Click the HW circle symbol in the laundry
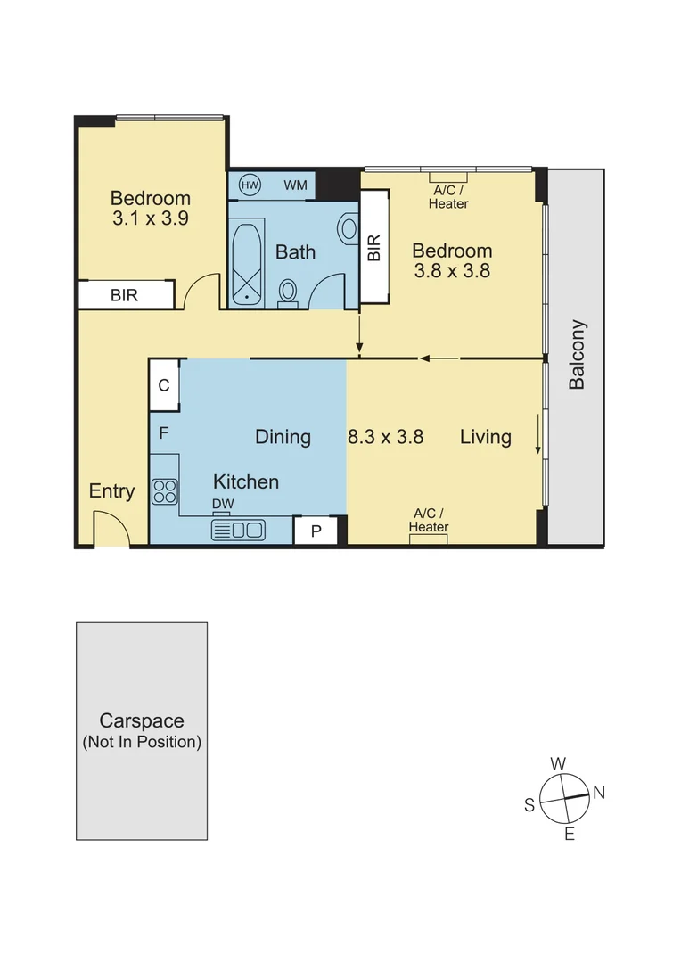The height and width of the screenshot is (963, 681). pos(250,185)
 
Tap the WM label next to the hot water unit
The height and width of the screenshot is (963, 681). pos(296,185)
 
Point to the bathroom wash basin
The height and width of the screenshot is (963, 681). pos(348,229)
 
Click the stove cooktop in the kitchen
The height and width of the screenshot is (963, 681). pos(165,491)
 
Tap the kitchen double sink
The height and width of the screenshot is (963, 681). pos(238,531)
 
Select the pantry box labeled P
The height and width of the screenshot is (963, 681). pos(315,531)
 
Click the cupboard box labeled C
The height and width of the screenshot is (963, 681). pos(164,385)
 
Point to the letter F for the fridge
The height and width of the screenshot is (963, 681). pos(164,434)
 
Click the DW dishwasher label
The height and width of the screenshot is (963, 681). pos(222,505)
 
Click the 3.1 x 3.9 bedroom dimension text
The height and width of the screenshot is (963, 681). pos(150,218)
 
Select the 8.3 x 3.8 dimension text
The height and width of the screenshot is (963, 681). pos(384,437)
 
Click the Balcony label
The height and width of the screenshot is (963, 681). pos(577,354)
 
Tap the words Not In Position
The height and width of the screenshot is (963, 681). pos(142,742)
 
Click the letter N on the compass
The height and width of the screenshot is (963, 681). pos(599,792)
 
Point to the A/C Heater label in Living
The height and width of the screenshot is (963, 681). pos(429,520)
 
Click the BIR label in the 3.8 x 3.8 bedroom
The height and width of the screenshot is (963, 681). pos(373,247)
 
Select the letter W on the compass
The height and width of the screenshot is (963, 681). pos(558,763)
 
